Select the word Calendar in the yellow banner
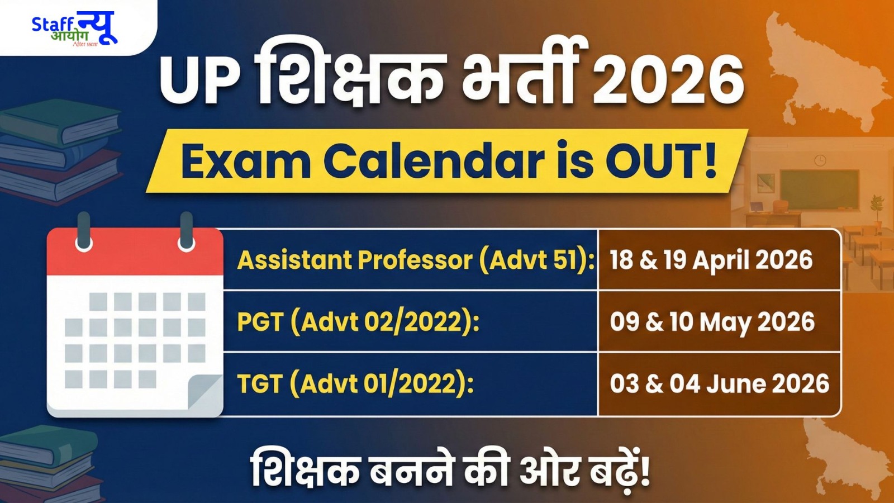434,162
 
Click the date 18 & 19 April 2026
711,260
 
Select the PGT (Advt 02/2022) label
358,322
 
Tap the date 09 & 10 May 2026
712,322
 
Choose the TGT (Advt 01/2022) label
355,384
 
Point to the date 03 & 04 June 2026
719,384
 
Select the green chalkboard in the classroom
819,189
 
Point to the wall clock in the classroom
820,161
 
